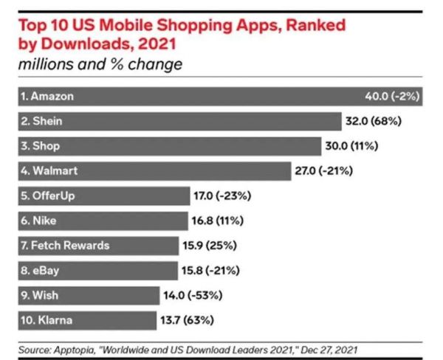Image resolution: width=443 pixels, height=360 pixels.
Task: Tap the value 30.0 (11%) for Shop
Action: [x=351, y=146]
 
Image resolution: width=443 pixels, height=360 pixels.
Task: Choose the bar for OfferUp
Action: [x=103, y=196]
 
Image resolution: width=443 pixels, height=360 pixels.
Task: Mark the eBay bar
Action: [x=97, y=271]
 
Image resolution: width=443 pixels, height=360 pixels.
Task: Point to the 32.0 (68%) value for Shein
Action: [x=375, y=121]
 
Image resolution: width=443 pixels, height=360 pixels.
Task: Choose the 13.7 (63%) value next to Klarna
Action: [x=213, y=321]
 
